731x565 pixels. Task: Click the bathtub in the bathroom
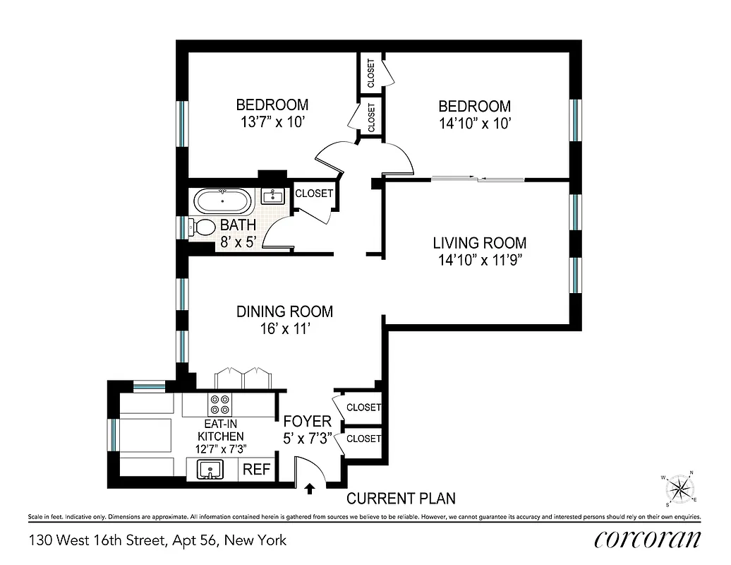223,201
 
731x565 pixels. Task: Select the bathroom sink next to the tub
272,195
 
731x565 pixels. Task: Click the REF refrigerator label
257,470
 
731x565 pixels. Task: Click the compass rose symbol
680,488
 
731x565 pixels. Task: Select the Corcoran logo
648,540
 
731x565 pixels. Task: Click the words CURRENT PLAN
401,499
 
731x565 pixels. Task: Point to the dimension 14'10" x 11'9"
479,259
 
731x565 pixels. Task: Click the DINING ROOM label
284,311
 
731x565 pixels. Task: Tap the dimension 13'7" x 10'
272,122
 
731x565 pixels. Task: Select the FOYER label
307,422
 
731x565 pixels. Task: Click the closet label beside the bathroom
313,194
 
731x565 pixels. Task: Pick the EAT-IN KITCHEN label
224,431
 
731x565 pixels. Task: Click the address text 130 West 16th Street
158,541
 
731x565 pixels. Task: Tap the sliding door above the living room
478,179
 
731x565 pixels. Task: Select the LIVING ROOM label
479,243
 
